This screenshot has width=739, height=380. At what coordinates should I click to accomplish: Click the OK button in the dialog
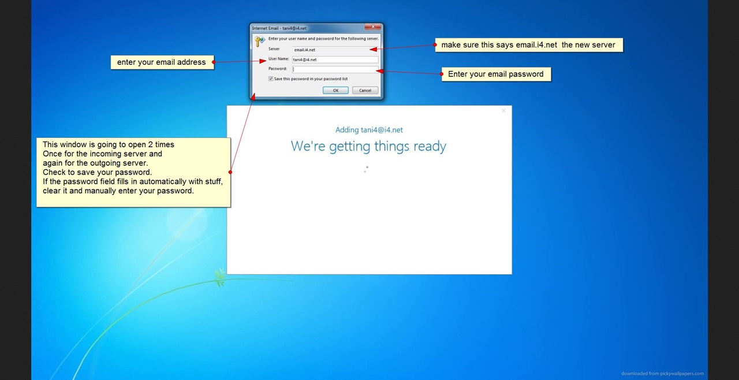pyautogui.click(x=335, y=91)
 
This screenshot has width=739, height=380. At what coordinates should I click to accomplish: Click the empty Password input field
pyautogui.click(x=335, y=69)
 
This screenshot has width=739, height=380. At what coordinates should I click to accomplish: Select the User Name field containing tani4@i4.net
pyautogui.click(x=335, y=59)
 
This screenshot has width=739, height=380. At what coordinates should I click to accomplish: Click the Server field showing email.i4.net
pyautogui.click(x=335, y=50)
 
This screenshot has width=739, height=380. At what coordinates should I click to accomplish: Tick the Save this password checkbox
pyautogui.click(x=271, y=79)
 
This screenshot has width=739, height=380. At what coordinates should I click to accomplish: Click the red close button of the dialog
pyautogui.click(x=373, y=27)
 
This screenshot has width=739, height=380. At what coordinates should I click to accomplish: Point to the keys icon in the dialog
pyautogui.click(x=260, y=41)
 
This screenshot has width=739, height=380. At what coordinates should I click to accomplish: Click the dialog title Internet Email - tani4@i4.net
pyautogui.click(x=279, y=28)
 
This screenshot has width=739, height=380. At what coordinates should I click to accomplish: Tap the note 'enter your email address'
pyautogui.click(x=162, y=62)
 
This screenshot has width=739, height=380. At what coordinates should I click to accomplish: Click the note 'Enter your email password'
pyautogui.click(x=496, y=74)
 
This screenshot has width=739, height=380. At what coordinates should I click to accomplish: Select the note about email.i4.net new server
pyautogui.click(x=529, y=45)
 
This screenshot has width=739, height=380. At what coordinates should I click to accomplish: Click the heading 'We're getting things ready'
pyautogui.click(x=368, y=146)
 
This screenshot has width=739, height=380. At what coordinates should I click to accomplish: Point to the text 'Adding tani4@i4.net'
pyautogui.click(x=369, y=130)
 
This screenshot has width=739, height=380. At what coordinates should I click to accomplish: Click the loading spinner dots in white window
pyautogui.click(x=366, y=169)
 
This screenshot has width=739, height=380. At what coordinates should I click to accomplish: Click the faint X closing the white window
pyautogui.click(x=503, y=110)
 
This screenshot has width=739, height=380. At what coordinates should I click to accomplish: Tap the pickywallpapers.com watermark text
pyautogui.click(x=662, y=374)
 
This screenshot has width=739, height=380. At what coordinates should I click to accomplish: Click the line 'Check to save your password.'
pyautogui.click(x=98, y=172)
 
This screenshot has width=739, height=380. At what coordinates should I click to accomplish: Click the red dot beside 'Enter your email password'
pyautogui.click(x=442, y=74)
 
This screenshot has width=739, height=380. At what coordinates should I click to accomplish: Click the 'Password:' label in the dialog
pyautogui.click(x=278, y=69)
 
